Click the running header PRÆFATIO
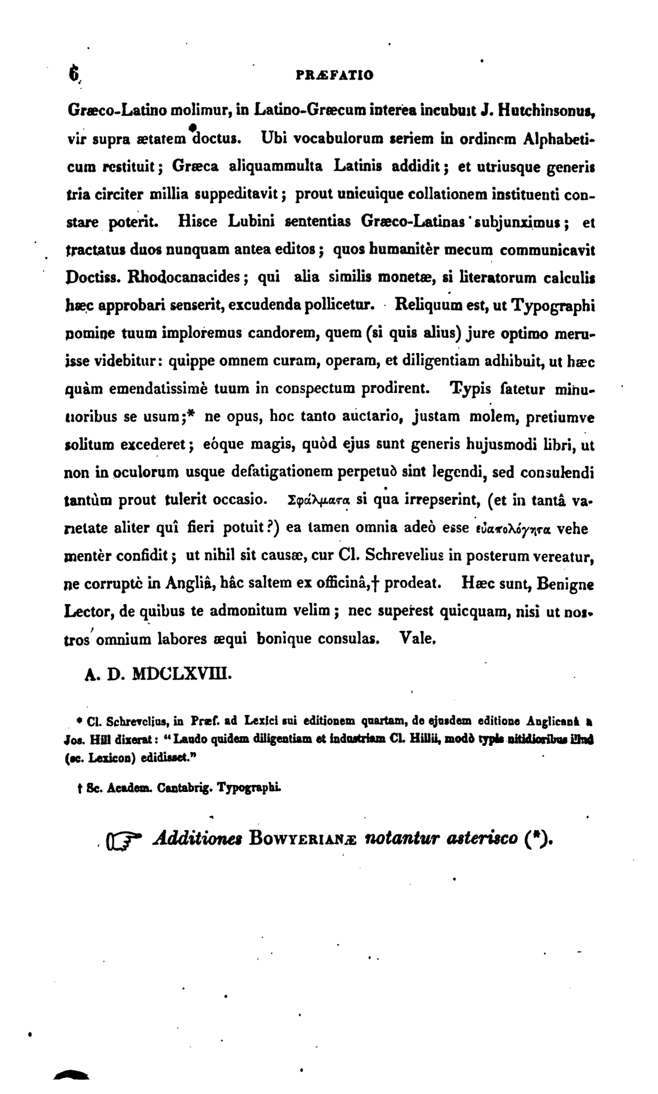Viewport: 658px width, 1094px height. (335, 75)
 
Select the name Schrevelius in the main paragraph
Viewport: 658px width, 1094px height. (400, 556)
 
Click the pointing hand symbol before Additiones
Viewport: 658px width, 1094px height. (123, 841)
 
